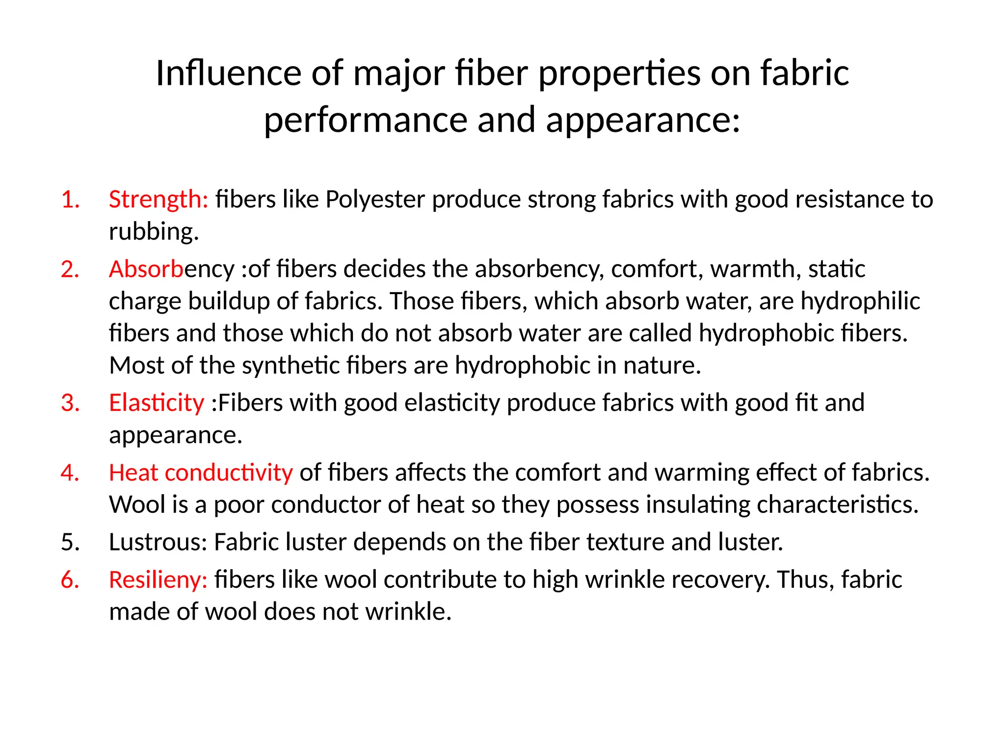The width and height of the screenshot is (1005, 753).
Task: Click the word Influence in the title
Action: point(229,74)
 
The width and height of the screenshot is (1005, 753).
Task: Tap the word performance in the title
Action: point(365,121)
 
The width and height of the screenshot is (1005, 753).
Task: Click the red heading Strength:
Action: point(159,200)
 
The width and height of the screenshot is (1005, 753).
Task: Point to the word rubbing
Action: point(154,231)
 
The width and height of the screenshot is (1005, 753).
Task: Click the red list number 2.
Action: point(70,269)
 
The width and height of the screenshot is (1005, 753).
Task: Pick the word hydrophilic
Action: point(860,301)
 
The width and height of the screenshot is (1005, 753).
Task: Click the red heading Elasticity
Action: point(156,403)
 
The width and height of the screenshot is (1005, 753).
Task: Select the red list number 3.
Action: point(70,403)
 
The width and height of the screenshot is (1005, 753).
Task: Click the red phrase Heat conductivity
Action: point(201,473)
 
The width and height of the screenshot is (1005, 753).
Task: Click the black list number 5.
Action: point(70,543)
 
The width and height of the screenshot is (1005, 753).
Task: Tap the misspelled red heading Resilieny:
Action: point(158,580)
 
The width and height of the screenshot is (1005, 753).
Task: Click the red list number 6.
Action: point(70,580)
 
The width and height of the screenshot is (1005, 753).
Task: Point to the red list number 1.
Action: point(70,200)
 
